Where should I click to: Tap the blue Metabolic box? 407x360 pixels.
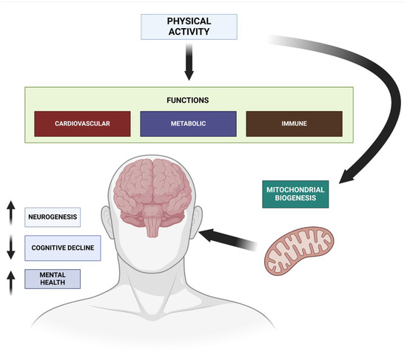[x=188, y=122]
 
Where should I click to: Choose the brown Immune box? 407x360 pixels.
[x=294, y=122]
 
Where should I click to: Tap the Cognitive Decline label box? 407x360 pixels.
[x=62, y=248]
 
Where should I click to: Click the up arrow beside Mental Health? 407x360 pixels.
[x=11, y=281]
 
